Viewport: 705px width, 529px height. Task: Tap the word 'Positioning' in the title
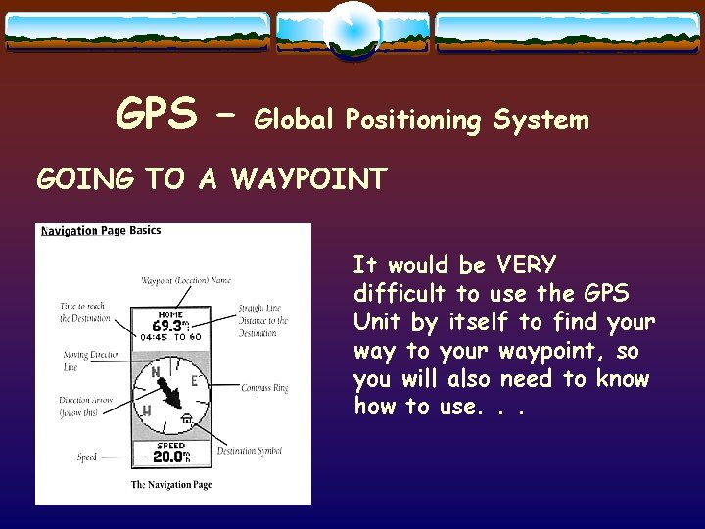click(418, 120)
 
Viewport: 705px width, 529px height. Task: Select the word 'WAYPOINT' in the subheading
click(309, 179)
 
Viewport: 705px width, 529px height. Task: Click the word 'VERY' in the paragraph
click(527, 264)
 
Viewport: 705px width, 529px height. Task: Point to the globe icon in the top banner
click(352, 30)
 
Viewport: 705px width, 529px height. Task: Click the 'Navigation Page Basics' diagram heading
click(101, 231)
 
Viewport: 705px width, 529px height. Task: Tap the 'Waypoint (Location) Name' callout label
click(186, 280)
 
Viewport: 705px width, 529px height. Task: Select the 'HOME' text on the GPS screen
click(170, 314)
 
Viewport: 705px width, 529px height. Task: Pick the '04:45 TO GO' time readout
click(170, 337)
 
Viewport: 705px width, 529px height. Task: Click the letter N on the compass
click(155, 373)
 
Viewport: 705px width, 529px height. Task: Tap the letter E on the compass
click(194, 381)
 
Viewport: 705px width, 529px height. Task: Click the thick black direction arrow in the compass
click(169, 394)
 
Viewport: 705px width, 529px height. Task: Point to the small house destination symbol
click(186, 420)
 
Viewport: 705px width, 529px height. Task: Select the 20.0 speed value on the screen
click(168, 456)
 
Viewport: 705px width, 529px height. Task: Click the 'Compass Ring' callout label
click(264, 389)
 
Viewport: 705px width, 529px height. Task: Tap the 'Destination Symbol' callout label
click(250, 451)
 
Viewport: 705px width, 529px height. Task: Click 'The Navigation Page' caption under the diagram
click(171, 485)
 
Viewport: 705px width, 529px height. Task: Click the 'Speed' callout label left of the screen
click(87, 457)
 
